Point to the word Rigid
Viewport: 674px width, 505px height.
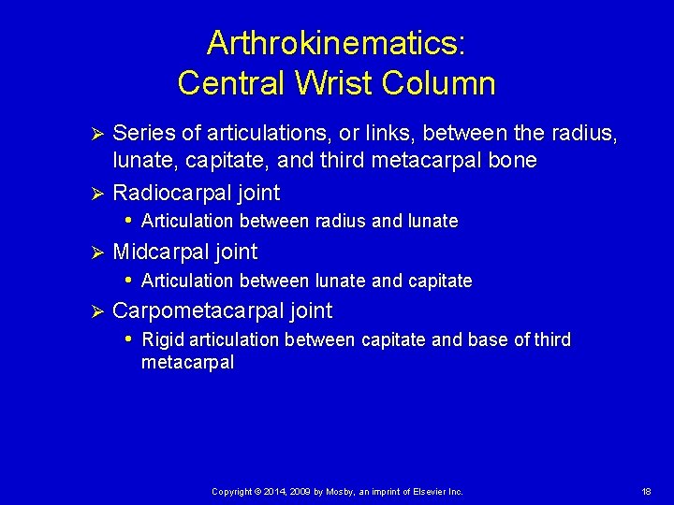point(160,339)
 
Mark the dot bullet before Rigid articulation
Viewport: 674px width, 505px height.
point(128,338)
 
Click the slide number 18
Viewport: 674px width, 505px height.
point(647,492)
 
